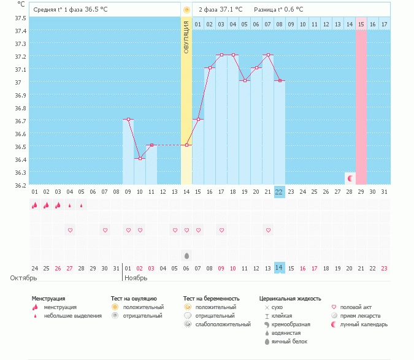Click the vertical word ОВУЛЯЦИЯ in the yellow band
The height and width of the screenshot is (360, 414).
tap(186, 37)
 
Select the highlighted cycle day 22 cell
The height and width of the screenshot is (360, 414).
tap(279, 192)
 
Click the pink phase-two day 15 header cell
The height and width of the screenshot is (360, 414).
tap(361, 24)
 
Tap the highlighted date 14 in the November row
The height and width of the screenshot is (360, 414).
tap(279, 268)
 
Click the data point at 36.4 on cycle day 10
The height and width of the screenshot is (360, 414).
tap(140, 158)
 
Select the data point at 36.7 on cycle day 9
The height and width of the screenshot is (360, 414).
tap(128, 120)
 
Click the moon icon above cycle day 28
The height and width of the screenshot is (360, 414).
tap(350, 178)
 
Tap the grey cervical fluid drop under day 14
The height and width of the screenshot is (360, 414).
tap(186, 255)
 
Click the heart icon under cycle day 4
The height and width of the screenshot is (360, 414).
tap(70, 230)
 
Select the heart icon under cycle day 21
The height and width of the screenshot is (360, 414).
tap(268, 230)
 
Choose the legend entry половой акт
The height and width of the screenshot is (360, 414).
tap(356, 307)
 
